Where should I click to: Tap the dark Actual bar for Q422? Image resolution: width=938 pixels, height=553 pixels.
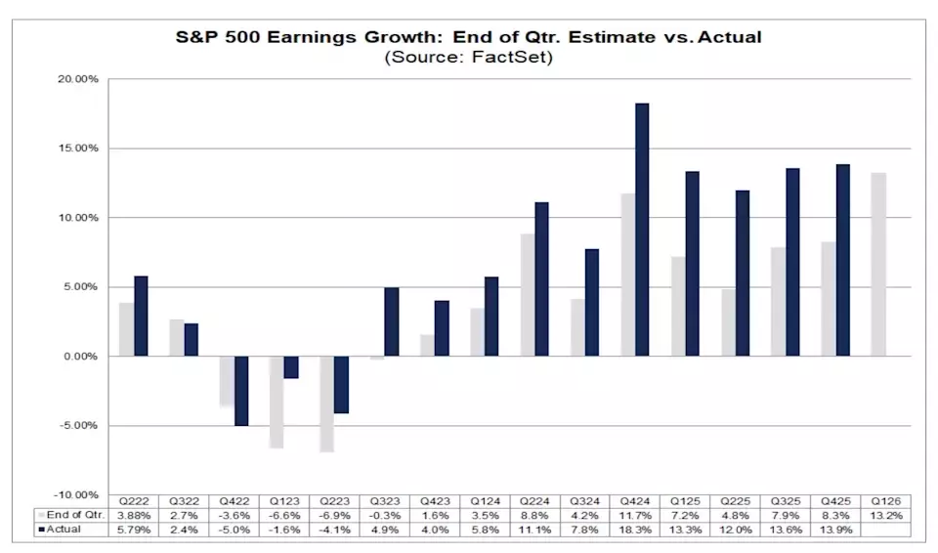(241, 391)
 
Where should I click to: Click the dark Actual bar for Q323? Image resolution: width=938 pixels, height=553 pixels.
(392, 322)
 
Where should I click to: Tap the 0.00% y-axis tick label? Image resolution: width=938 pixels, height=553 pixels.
(80, 357)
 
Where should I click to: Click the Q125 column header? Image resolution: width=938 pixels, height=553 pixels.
(685, 500)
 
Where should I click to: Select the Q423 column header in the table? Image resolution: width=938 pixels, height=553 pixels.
(434, 500)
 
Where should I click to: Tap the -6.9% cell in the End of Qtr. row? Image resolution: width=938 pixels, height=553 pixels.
(333, 515)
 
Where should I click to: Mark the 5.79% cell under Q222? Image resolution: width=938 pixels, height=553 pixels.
(133, 530)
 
